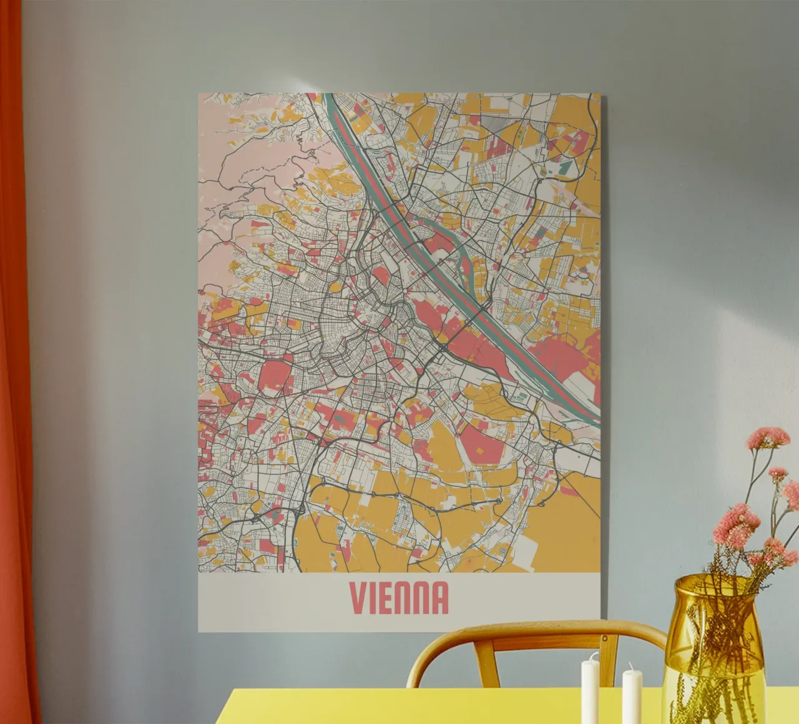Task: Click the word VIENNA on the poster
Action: pos(399,598)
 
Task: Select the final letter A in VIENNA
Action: pos(439,598)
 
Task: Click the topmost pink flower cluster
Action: pos(767,436)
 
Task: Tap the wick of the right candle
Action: pos(631,666)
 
